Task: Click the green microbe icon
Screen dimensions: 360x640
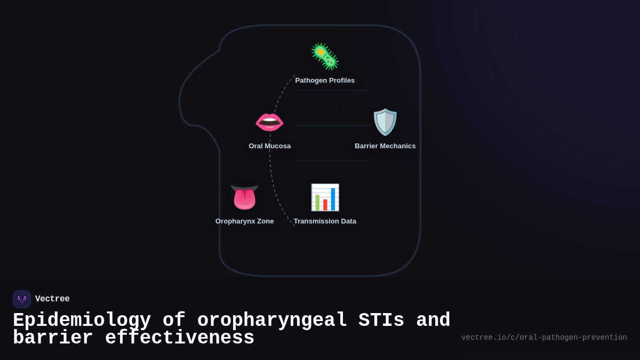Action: [x=325, y=57]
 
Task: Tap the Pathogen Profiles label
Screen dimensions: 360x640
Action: [x=325, y=81]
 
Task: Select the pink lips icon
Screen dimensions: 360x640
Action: [x=269, y=122]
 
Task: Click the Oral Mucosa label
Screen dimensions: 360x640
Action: [x=270, y=146]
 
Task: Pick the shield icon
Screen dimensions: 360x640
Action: [x=385, y=122]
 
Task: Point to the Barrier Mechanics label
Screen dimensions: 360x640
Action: [x=385, y=146]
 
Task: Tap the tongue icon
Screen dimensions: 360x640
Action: [x=245, y=197]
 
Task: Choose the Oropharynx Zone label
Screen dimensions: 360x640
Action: [x=245, y=221]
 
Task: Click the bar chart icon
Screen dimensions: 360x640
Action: [x=325, y=197]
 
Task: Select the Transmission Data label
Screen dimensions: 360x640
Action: [x=325, y=221]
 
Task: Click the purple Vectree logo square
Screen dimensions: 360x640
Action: [x=22, y=299]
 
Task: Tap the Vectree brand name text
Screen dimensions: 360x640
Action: [x=52, y=299]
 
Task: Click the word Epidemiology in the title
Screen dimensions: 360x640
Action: [x=82, y=321]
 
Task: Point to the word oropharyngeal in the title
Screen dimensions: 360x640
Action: [x=272, y=321]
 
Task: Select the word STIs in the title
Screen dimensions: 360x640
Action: [x=381, y=321]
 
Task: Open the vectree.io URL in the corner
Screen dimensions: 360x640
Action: [x=544, y=338]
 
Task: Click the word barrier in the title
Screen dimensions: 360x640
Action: [x=53, y=338]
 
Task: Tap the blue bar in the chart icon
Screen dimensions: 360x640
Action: [x=333, y=199]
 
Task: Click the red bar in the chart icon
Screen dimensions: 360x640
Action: [x=325, y=205]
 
